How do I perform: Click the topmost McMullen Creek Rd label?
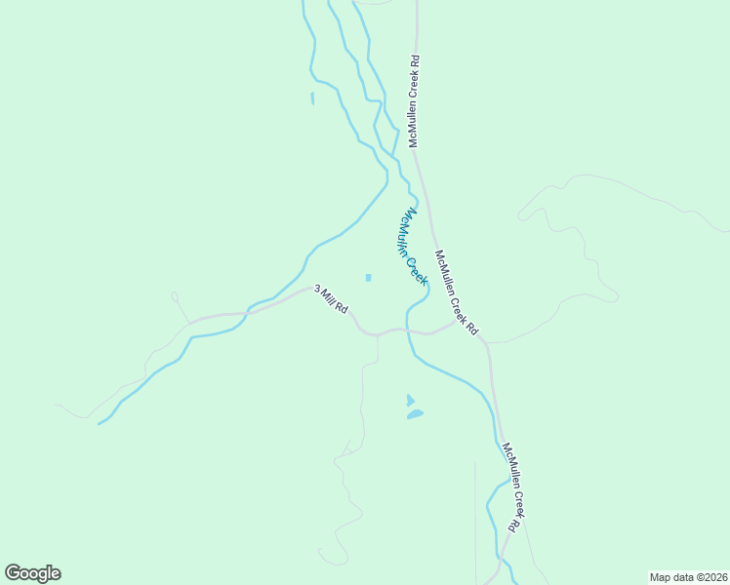[414, 101]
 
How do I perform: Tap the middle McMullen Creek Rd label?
[457, 293]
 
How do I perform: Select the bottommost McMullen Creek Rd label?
[513, 487]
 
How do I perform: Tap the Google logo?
[32, 573]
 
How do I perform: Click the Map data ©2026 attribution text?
[688, 576]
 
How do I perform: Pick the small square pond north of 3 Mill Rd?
[368, 278]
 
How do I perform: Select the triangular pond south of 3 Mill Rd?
[410, 400]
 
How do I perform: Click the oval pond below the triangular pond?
[415, 414]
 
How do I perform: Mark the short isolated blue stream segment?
[312, 97]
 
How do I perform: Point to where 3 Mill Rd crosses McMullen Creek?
[407, 330]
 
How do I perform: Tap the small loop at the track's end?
[174, 294]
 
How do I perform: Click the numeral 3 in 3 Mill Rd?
[316, 290]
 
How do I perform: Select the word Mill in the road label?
[327, 297]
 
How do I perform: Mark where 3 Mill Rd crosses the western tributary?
[248, 312]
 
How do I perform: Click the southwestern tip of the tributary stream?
[100, 423]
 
